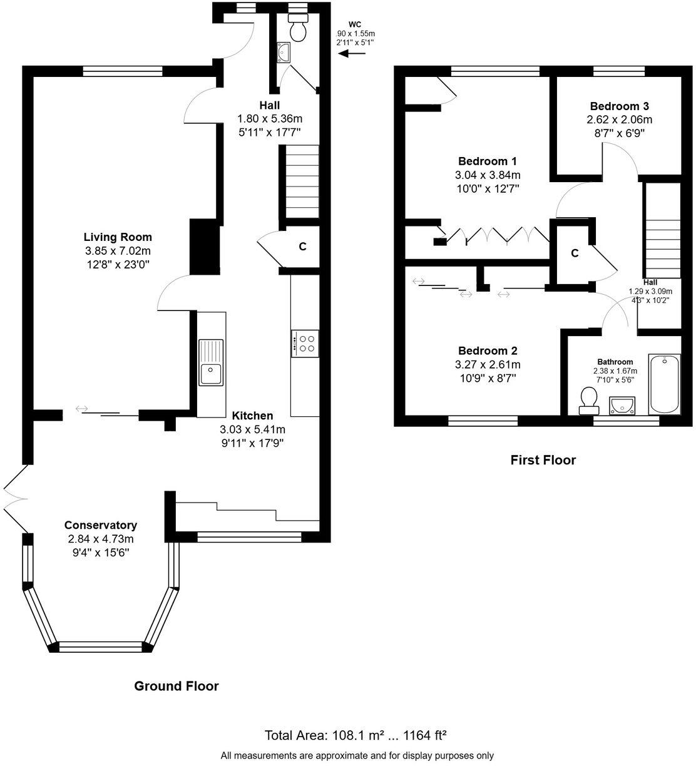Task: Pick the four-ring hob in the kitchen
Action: point(305,343)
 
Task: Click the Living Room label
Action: point(118,237)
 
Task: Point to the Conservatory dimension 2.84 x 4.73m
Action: point(101,539)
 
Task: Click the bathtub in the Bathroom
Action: point(663,384)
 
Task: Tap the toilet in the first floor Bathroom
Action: point(589,400)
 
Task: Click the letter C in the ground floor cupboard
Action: point(302,247)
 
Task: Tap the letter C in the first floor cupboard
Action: point(574,253)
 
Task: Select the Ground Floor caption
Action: point(177,686)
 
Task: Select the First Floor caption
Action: point(543,460)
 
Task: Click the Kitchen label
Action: point(252,416)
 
